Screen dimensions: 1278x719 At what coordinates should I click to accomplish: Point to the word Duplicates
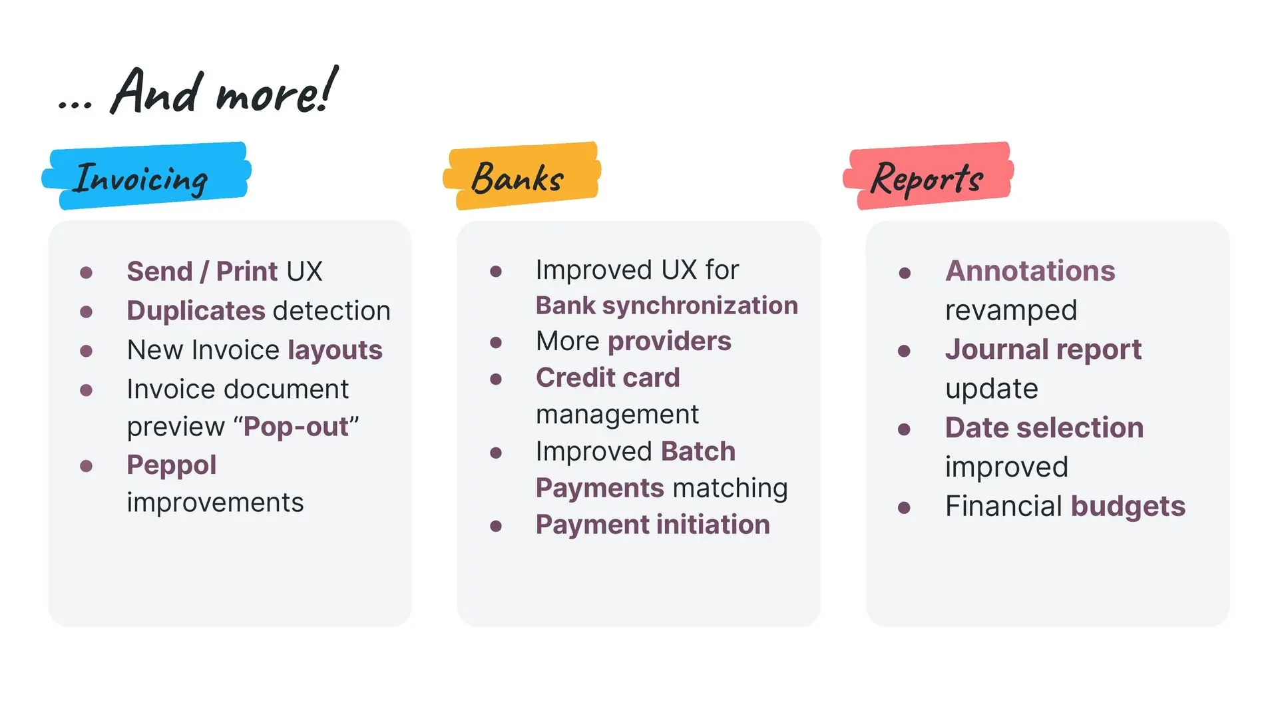tap(196, 311)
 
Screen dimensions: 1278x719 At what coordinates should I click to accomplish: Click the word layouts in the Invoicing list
tap(335, 351)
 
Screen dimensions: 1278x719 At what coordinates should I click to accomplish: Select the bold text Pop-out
tap(296, 427)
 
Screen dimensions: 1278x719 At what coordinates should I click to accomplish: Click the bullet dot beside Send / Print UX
tap(86, 272)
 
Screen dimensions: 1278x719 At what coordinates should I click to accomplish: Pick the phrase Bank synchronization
tap(667, 306)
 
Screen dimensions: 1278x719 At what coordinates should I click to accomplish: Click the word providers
tap(670, 342)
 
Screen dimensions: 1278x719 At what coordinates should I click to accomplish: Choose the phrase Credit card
tap(608, 377)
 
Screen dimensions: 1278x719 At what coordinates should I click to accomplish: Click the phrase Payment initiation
tap(653, 525)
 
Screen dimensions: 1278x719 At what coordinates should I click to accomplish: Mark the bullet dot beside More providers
tap(496, 342)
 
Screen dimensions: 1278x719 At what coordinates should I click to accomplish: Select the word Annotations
tap(1030, 271)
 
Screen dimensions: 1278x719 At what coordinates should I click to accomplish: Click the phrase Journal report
tap(1044, 350)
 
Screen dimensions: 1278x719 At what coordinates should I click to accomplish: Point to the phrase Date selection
tap(1044, 427)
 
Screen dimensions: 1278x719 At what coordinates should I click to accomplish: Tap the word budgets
tap(1128, 507)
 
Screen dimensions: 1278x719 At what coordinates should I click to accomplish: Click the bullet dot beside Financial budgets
tap(904, 508)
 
